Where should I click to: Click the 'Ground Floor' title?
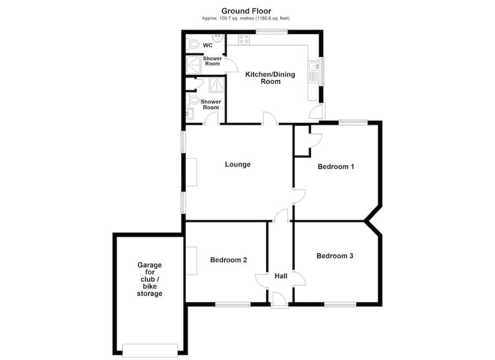tap(246, 12)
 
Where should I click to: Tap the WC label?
tap(208, 45)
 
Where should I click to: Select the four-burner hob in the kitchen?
tap(244, 40)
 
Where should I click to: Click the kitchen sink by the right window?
tap(314, 72)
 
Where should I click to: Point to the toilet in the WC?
tap(192, 44)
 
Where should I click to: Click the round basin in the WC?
tap(218, 38)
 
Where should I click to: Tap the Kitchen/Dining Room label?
tap(270, 78)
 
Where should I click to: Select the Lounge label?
tap(238, 164)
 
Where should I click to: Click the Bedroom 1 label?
tap(336, 167)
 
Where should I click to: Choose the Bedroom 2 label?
tap(229, 260)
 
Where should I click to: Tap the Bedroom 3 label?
tap(335, 256)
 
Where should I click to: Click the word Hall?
tap(281, 276)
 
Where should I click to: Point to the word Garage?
tap(150, 265)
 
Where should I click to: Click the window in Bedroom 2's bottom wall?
tap(233, 305)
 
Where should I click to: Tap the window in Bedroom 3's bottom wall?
tap(341, 305)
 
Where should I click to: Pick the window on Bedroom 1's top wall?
tap(353, 122)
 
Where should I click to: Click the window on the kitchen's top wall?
tap(271, 32)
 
